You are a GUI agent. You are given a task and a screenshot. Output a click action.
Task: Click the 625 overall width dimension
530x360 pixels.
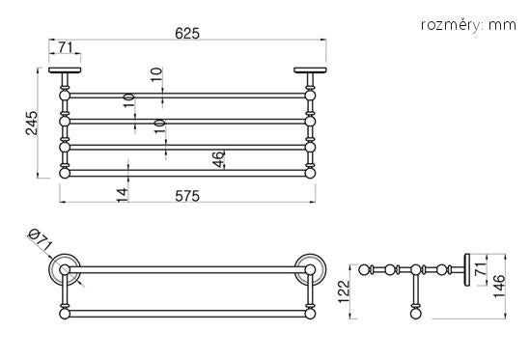coord(187,34)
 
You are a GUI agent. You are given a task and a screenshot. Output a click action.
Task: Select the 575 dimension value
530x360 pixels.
coord(187,196)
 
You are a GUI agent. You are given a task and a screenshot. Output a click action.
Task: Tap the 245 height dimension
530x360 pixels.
coord(32,123)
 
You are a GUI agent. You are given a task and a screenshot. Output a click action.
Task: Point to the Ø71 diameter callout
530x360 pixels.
coord(40,239)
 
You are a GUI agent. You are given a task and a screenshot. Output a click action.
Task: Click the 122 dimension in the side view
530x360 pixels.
coord(345,291)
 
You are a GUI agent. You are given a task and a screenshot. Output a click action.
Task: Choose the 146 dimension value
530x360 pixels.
coord(499,286)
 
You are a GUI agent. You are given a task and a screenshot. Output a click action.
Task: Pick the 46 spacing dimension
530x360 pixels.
coord(219,159)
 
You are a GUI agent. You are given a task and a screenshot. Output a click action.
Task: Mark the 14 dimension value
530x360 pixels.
coord(123,195)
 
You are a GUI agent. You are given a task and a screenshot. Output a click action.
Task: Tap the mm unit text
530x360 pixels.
coord(502,25)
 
